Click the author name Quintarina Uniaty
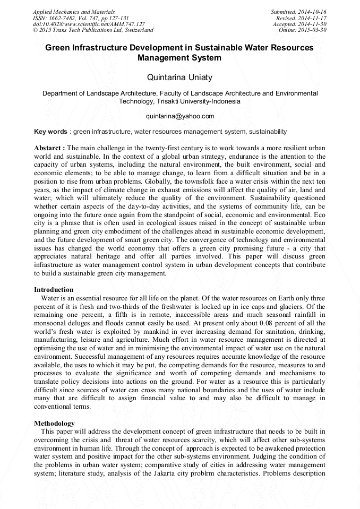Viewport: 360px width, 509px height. [x=179, y=77]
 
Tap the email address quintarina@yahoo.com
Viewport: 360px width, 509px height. [x=179, y=116]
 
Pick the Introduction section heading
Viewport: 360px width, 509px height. [x=54, y=290]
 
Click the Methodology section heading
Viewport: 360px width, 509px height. [x=54, y=424]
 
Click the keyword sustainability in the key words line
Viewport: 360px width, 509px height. [x=262, y=132]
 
